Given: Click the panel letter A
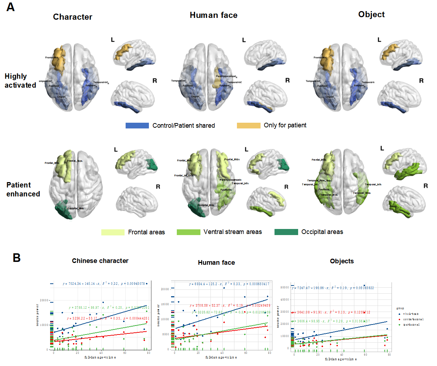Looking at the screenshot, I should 10,7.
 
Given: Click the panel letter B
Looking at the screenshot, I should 16,258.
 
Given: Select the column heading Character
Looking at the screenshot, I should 73,17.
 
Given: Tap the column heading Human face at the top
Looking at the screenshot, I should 213,15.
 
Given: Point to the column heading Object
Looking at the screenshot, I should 371,14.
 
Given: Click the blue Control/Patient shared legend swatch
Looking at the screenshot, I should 137,126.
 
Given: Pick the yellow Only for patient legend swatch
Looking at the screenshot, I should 248,125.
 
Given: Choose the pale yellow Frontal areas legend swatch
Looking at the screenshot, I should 113,232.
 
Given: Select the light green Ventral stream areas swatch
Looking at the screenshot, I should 188,232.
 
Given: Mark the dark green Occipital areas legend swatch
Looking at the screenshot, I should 286,232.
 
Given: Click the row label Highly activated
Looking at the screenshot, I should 20,81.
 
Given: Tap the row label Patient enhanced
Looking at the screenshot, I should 23,189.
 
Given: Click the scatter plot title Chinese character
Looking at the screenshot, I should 100,261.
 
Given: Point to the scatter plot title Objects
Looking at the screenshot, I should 342,261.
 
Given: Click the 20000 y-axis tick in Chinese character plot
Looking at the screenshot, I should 44,300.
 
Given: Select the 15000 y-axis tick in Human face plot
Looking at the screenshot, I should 165,304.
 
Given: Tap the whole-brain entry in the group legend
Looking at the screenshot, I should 411,314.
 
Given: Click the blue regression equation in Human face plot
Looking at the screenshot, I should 229,284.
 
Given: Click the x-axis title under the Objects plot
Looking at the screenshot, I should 340,359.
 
